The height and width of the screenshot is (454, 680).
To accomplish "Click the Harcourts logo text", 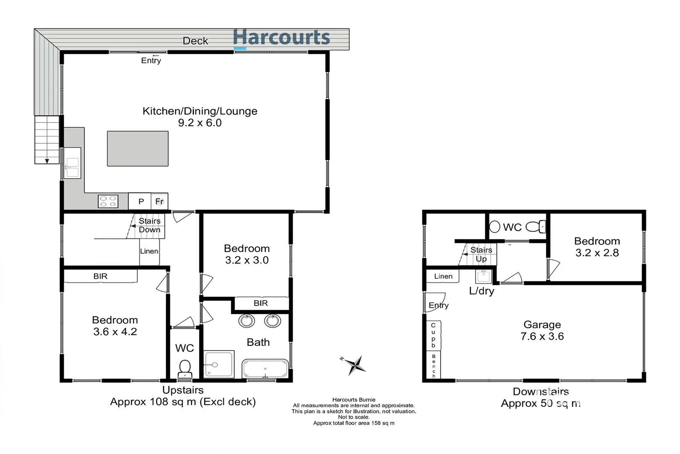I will tap(281, 38).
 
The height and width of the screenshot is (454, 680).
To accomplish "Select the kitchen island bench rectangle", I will tap(138, 148).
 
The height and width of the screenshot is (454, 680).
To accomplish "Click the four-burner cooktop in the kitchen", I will tap(108, 201).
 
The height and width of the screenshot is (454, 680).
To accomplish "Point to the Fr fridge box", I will tap(160, 201).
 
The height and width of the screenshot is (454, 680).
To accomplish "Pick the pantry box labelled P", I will tap(141, 201).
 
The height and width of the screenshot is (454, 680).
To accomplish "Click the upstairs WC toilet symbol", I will tap(185, 369).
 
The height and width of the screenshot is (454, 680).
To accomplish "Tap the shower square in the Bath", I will tap(219, 364).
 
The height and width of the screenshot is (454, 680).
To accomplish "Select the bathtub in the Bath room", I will tap(265, 369).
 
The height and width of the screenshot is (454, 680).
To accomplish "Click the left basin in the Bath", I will tap(246, 321).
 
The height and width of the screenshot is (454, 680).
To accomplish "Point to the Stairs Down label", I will tap(149, 225).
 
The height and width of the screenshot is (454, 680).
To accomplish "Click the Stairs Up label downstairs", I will tap(481, 254).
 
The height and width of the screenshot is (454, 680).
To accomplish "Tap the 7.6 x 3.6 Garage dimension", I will tap(542, 336).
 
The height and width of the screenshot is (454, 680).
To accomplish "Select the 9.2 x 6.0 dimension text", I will tap(200, 123).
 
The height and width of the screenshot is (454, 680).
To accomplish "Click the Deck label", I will tap(195, 41).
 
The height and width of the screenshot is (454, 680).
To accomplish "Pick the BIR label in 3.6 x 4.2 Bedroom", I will tap(100, 276).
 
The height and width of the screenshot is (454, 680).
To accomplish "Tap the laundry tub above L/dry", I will tap(483, 277).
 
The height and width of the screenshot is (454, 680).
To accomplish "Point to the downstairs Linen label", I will tap(443, 276).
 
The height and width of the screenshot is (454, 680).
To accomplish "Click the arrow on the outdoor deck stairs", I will tap(47, 161).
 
